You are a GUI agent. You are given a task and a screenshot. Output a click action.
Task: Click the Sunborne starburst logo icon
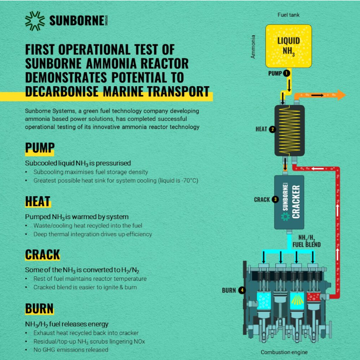coord(35,21)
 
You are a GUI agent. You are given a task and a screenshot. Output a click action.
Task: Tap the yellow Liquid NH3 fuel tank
coord(289,46)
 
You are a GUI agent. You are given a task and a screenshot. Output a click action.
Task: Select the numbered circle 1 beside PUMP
coord(286,73)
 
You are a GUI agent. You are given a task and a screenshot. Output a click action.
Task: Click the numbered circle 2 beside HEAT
coord(272,129)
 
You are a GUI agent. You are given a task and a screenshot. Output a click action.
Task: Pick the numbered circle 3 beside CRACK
coord(275,199)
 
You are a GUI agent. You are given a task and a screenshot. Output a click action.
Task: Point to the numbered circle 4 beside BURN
coord(242,290)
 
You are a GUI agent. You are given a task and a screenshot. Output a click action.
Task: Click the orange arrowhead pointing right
coord(342,95)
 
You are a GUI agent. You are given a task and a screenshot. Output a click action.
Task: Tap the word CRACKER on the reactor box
coord(296,202)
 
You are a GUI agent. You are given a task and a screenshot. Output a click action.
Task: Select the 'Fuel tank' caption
coord(288,15)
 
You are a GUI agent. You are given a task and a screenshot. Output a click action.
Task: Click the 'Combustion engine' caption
coord(284,352)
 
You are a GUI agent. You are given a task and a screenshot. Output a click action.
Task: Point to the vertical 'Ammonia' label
coord(253,47)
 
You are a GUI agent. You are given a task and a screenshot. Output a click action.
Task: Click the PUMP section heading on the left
coord(40,147)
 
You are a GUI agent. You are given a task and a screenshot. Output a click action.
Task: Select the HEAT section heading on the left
coord(38,201)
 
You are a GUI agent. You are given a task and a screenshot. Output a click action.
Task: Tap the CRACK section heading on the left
coord(42,254)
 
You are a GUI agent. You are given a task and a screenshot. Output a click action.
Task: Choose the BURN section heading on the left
coord(39,308)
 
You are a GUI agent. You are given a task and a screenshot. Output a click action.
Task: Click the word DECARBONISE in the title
coord(62,92)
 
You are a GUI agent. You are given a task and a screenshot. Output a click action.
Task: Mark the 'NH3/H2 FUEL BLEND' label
coord(307,241)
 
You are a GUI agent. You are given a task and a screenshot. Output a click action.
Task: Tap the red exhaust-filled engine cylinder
coord(313,297)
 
